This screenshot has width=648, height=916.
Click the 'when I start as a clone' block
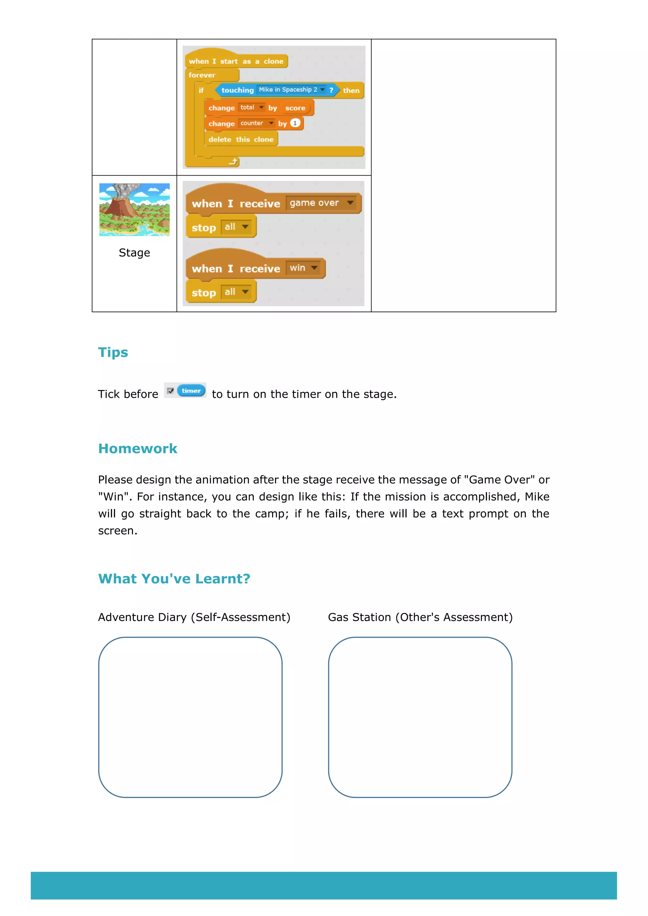pyautogui.click(x=235, y=61)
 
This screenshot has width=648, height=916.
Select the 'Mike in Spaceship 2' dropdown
pyautogui.click(x=291, y=90)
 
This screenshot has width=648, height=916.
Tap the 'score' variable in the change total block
pyautogui.click(x=295, y=108)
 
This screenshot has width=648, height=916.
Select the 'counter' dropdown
pyautogui.click(x=257, y=123)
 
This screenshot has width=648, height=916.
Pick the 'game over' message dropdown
pyautogui.click(x=321, y=203)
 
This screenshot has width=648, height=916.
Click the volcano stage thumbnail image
pyautogui.click(x=134, y=209)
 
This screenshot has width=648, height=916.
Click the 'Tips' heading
pyautogui.click(x=113, y=352)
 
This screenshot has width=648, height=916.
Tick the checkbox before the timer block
pyautogui.click(x=170, y=391)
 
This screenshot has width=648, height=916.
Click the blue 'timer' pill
pyautogui.click(x=191, y=391)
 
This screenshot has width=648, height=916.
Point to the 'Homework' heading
pyautogui.click(x=138, y=449)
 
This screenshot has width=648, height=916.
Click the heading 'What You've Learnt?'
pyautogui.click(x=174, y=579)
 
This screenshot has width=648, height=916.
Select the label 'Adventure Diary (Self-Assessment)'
pyautogui.click(x=194, y=617)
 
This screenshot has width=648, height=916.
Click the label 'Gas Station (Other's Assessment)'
pyautogui.click(x=420, y=617)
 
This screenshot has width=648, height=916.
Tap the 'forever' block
pyautogui.click(x=202, y=75)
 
